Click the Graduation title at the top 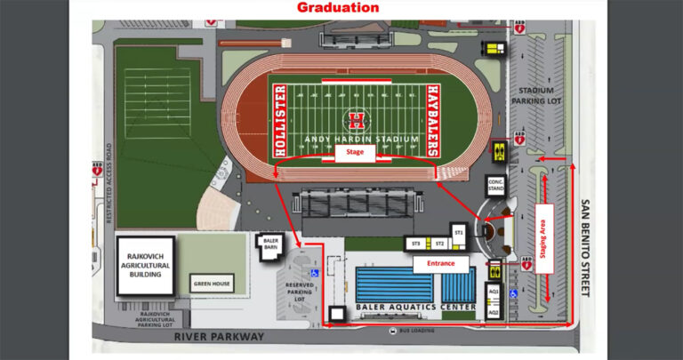pos(338,8)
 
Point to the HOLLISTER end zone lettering pos(280,120)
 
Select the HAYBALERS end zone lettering pos(433,120)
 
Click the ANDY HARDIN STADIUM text pos(356,139)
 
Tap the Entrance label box pos(440,265)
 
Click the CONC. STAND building pos(496,186)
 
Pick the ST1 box pos(459,231)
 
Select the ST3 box pos(414,244)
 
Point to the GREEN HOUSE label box pos(214,284)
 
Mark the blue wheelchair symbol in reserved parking pos(313,272)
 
